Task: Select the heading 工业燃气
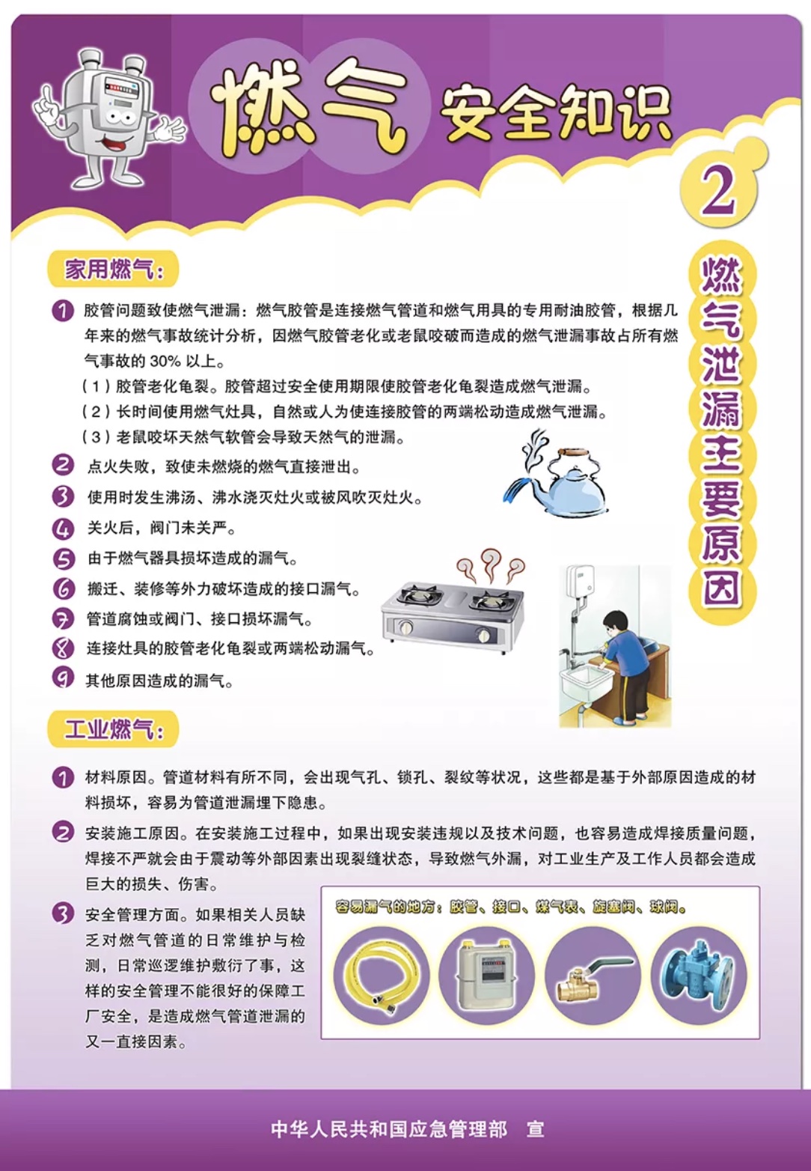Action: [112, 729]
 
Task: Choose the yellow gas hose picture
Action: [382, 976]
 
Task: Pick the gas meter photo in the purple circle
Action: [486, 976]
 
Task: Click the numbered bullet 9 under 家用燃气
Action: [64, 678]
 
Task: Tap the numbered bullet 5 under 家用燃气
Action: [64, 559]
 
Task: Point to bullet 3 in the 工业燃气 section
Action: [64, 914]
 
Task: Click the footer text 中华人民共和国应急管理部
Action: [389, 1129]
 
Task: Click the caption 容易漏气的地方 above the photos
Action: [389, 907]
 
